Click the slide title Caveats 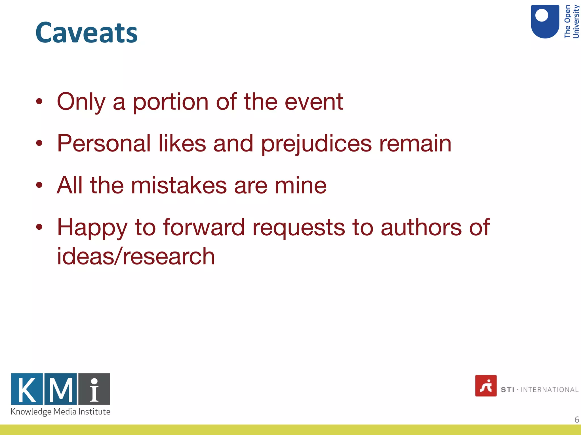tap(87, 33)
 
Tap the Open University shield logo tap(545, 22)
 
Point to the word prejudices tap(316, 144)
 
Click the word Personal tap(104, 144)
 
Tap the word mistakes tap(179, 185)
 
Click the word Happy tap(92, 228)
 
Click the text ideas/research tap(136, 256)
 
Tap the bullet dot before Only tap(39, 101)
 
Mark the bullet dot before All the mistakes tap(39, 185)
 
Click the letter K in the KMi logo tap(27, 389)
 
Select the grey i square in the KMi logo tap(94, 389)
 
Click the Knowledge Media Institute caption tap(60, 411)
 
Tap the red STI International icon tap(486, 386)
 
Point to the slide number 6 tap(576, 419)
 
